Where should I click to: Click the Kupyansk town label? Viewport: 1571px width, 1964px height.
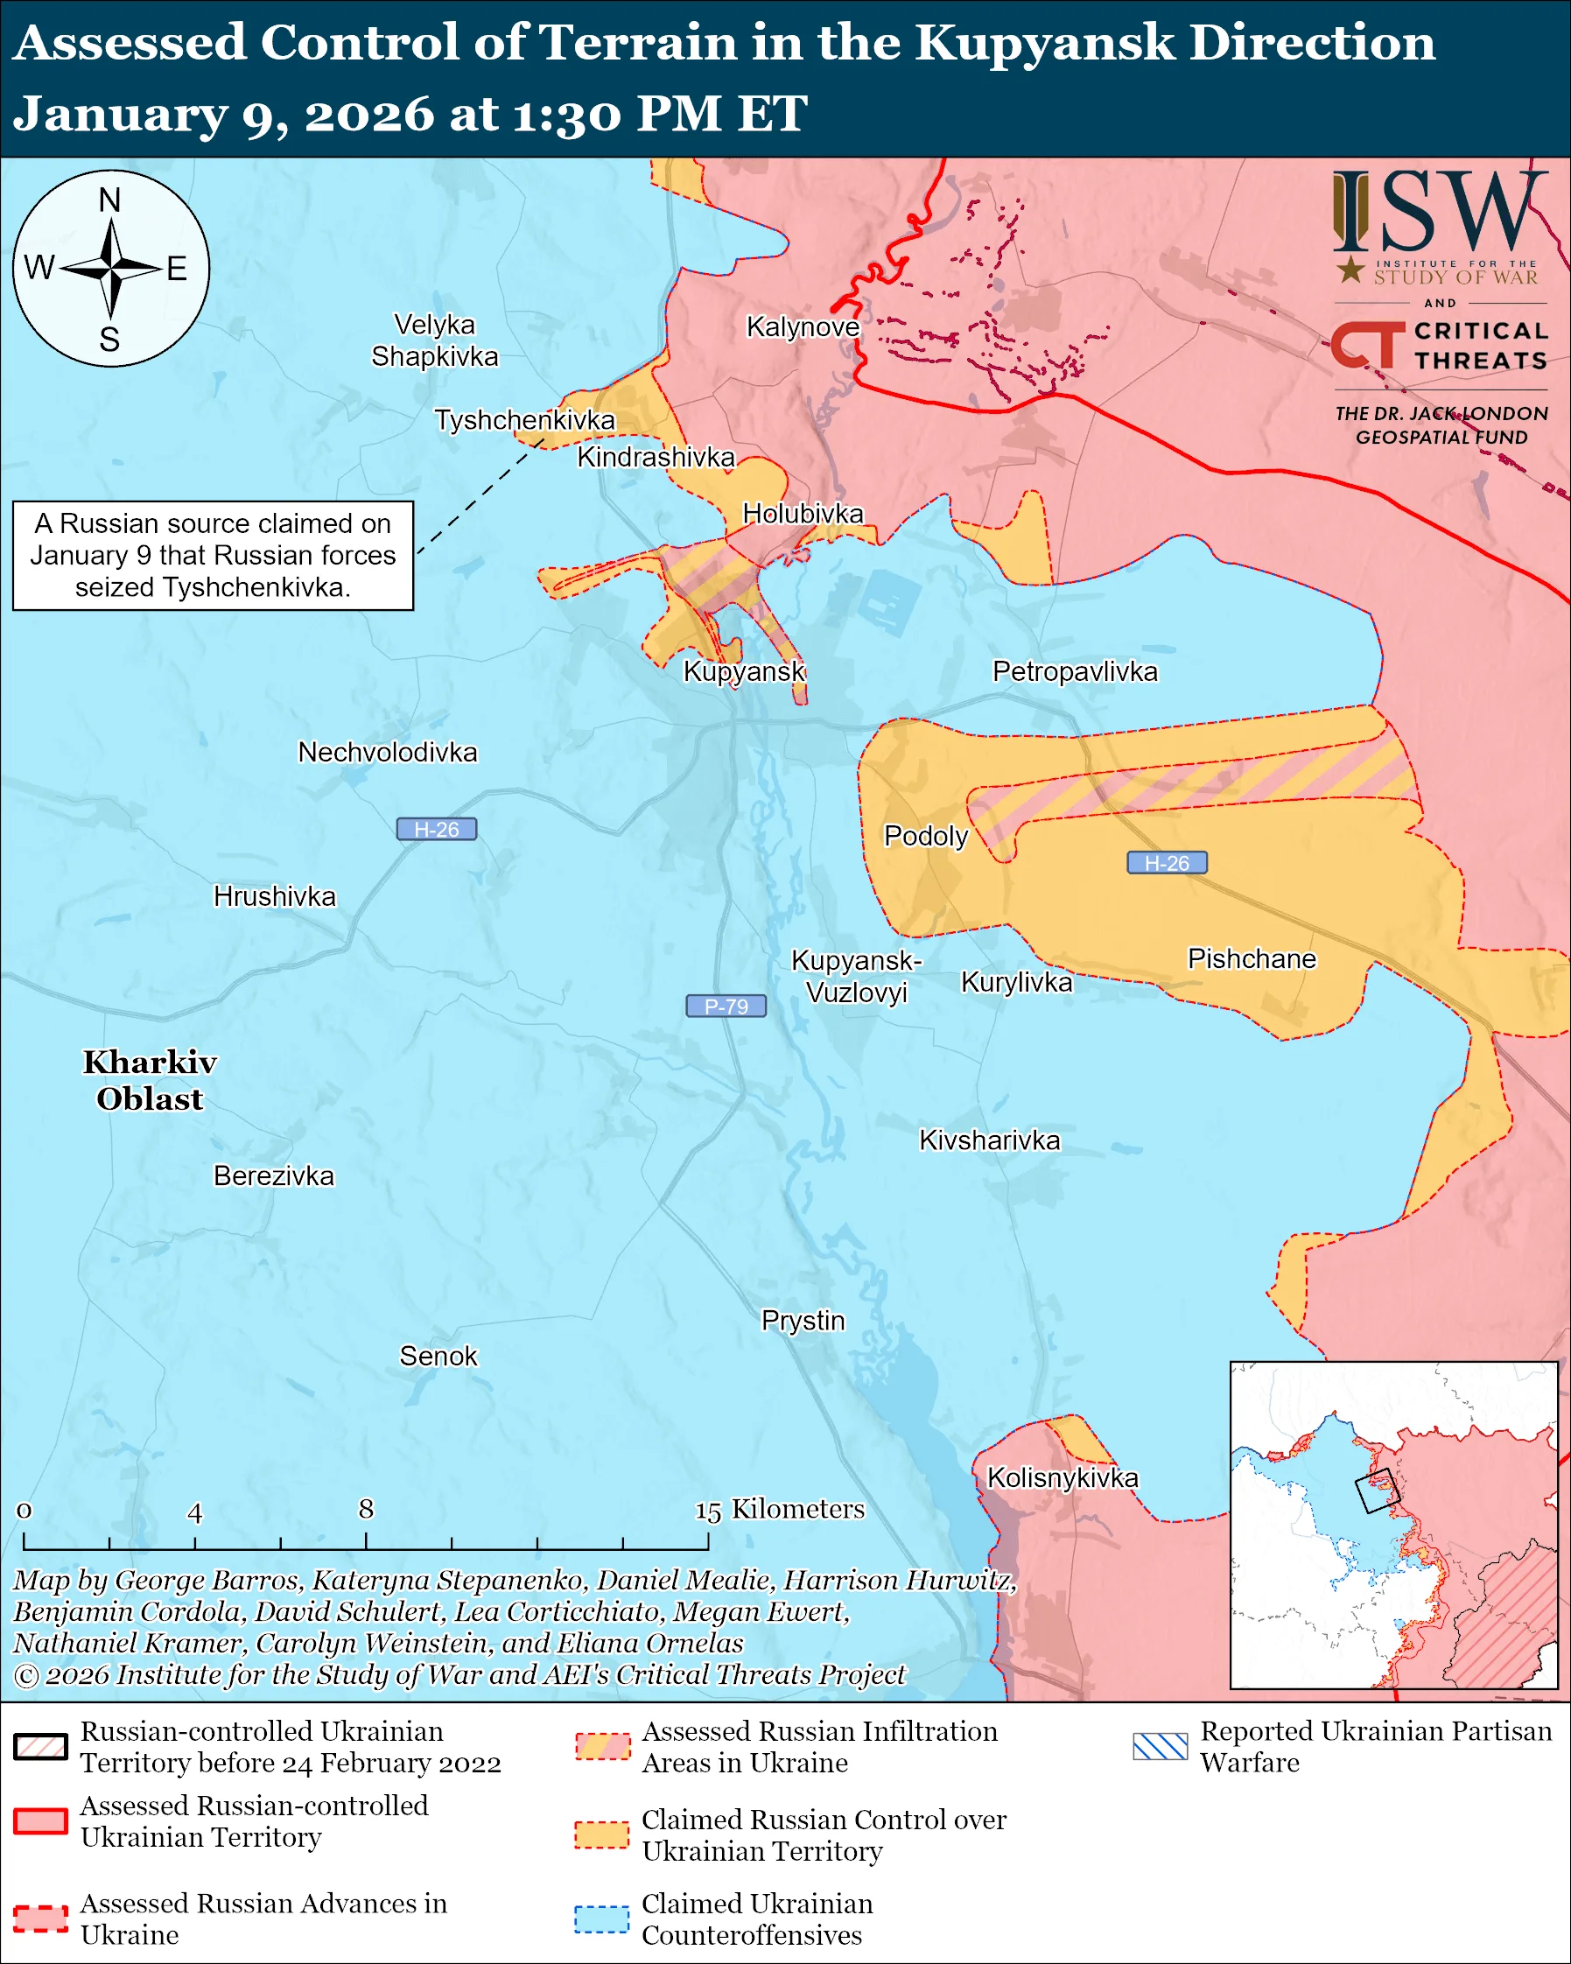pyautogui.click(x=744, y=671)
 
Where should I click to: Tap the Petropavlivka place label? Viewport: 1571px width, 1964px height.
pyautogui.click(x=1075, y=671)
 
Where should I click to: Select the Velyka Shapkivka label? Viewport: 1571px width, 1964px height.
pyautogui.click(x=434, y=340)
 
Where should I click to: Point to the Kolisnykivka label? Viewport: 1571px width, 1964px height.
pyautogui.click(x=1062, y=1477)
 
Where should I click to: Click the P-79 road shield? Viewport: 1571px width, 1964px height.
pyautogui.click(x=726, y=1006)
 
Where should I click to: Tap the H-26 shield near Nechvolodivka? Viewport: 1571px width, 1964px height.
pyautogui.click(x=436, y=829)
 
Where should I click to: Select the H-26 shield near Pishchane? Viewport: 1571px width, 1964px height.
pyautogui.click(x=1167, y=863)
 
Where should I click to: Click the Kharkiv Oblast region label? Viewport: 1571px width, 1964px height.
pyautogui.click(x=151, y=1079)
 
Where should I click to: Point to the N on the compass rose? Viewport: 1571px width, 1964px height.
pyautogui.click(x=109, y=200)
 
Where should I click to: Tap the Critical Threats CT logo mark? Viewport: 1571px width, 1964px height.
pyautogui.click(x=1366, y=344)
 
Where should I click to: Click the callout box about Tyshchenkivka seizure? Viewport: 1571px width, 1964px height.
pyautogui.click(x=213, y=555)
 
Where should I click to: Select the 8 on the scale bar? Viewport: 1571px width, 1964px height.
pyautogui.click(x=366, y=1510)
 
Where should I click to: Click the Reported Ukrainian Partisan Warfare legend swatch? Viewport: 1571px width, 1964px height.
pyautogui.click(x=1161, y=1746)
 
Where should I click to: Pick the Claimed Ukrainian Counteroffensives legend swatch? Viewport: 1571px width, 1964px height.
pyautogui.click(x=601, y=1919)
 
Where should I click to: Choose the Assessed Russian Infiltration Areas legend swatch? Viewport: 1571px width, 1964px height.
pyautogui.click(x=602, y=1746)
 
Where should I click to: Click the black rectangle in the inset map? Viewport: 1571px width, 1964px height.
pyautogui.click(x=1376, y=1491)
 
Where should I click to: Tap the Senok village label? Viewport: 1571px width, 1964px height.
pyautogui.click(x=438, y=1356)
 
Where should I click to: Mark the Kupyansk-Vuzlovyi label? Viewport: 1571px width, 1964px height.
pyautogui.click(x=856, y=976)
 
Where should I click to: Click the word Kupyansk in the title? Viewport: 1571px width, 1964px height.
pyautogui.click(x=1045, y=43)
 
